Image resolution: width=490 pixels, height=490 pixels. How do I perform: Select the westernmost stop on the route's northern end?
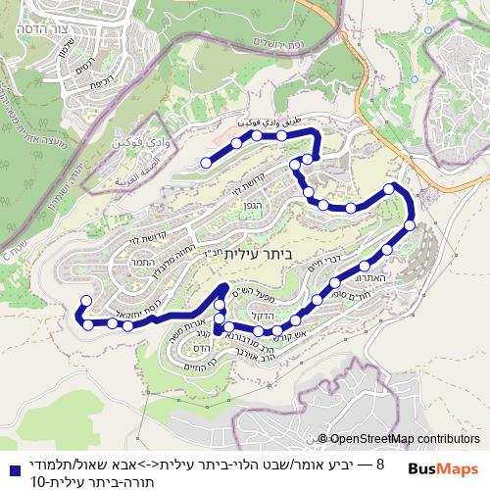click(x=206, y=163)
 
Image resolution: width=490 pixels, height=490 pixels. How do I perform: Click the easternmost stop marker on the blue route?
click(x=410, y=225)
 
